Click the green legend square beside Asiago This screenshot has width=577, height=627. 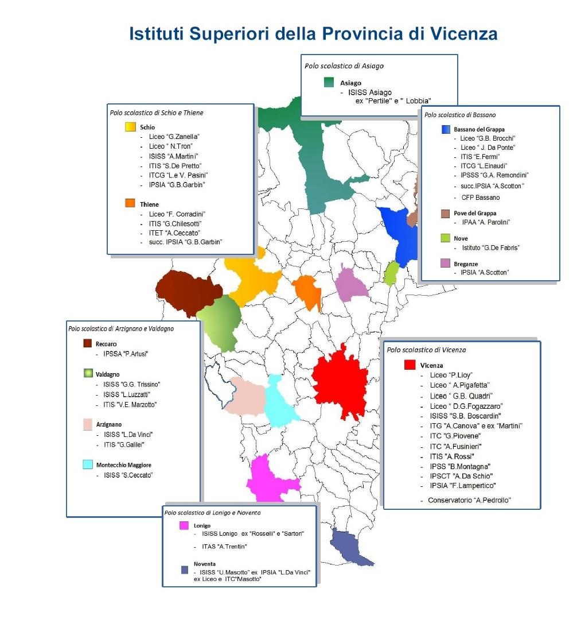coord(329,82)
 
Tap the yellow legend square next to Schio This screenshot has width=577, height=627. coord(130,127)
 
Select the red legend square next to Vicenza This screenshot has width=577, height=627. coord(410,365)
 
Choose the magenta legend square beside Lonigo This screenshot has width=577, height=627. coord(184,525)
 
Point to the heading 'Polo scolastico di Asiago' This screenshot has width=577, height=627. coord(344,66)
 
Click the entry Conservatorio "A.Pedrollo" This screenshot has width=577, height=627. coord(469,500)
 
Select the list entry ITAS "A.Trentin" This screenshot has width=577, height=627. coord(220,546)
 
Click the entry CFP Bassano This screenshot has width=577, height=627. coord(480,198)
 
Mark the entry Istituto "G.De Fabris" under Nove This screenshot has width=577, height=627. coord(486,248)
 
